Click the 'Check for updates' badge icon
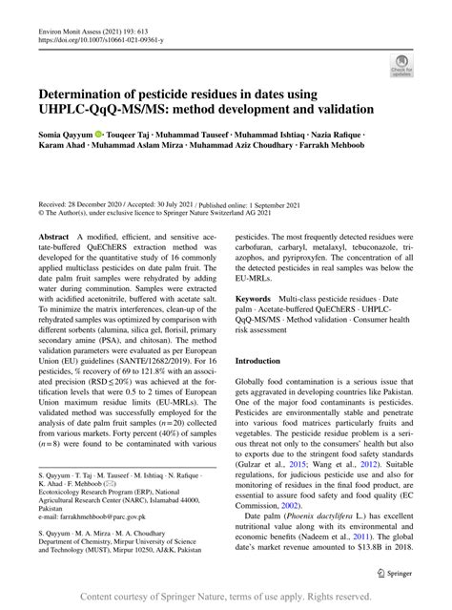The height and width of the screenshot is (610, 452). [x=401, y=65]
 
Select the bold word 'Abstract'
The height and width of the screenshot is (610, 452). [x=53, y=235]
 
